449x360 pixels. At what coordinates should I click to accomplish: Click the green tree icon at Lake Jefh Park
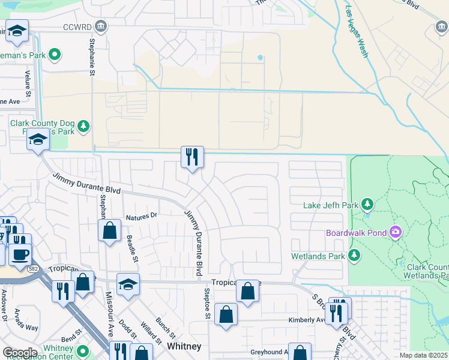(x=367, y=205)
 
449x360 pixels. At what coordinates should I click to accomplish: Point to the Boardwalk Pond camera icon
(x=395, y=232)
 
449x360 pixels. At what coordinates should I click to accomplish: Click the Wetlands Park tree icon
(x=355, y=256)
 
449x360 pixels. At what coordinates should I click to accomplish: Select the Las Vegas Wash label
(x=357, y=32)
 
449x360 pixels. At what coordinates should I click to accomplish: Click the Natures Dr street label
(x=141, y=216)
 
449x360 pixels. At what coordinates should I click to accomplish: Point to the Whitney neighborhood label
(x=184, y=347)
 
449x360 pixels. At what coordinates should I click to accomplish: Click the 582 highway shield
(x=34, y=271)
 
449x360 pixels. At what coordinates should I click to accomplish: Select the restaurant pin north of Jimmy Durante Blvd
(x=193, y=158)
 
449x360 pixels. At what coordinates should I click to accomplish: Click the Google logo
(x=20, y=353)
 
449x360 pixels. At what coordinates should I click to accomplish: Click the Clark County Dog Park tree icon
(x=83, y=126)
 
